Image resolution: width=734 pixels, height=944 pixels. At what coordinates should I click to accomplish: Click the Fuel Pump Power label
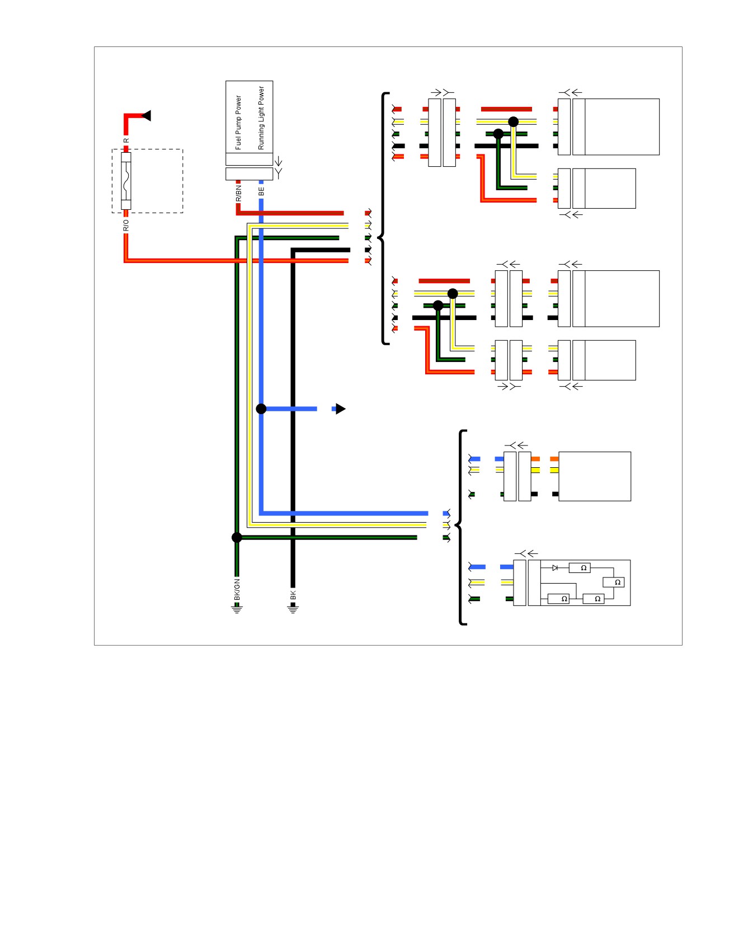[238, 123]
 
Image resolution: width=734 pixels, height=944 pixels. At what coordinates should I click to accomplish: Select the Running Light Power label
[261, 118]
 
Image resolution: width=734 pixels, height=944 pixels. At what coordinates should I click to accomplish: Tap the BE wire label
[261, 191]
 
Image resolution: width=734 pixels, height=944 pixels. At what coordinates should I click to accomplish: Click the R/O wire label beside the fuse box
[126, 225]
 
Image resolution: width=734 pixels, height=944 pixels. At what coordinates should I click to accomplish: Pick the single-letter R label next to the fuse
[126, 140]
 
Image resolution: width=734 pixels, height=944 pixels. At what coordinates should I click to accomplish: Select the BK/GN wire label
[237, 590]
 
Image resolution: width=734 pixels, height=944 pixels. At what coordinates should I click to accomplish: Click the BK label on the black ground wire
[293, 595]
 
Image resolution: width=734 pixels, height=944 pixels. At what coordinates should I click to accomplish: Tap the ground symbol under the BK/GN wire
[237, 609]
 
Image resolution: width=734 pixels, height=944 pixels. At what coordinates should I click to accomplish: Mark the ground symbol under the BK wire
[293, 609]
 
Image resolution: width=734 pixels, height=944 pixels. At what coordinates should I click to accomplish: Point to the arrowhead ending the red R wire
[147, 116]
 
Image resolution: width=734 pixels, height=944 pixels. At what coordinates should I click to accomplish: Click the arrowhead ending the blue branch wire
[340, 409]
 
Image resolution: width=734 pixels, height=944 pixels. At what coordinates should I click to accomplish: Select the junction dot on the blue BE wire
[261, 409]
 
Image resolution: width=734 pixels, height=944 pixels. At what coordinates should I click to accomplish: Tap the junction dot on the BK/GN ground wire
[237, 538]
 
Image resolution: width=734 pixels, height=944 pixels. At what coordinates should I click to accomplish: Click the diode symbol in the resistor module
[555, 568]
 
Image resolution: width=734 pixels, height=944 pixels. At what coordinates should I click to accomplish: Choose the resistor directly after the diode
[580, 568]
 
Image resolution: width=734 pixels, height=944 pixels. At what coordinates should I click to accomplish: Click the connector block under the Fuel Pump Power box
[250, 173]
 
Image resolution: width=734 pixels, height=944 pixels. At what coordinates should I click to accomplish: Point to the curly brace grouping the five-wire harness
[384, 218]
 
